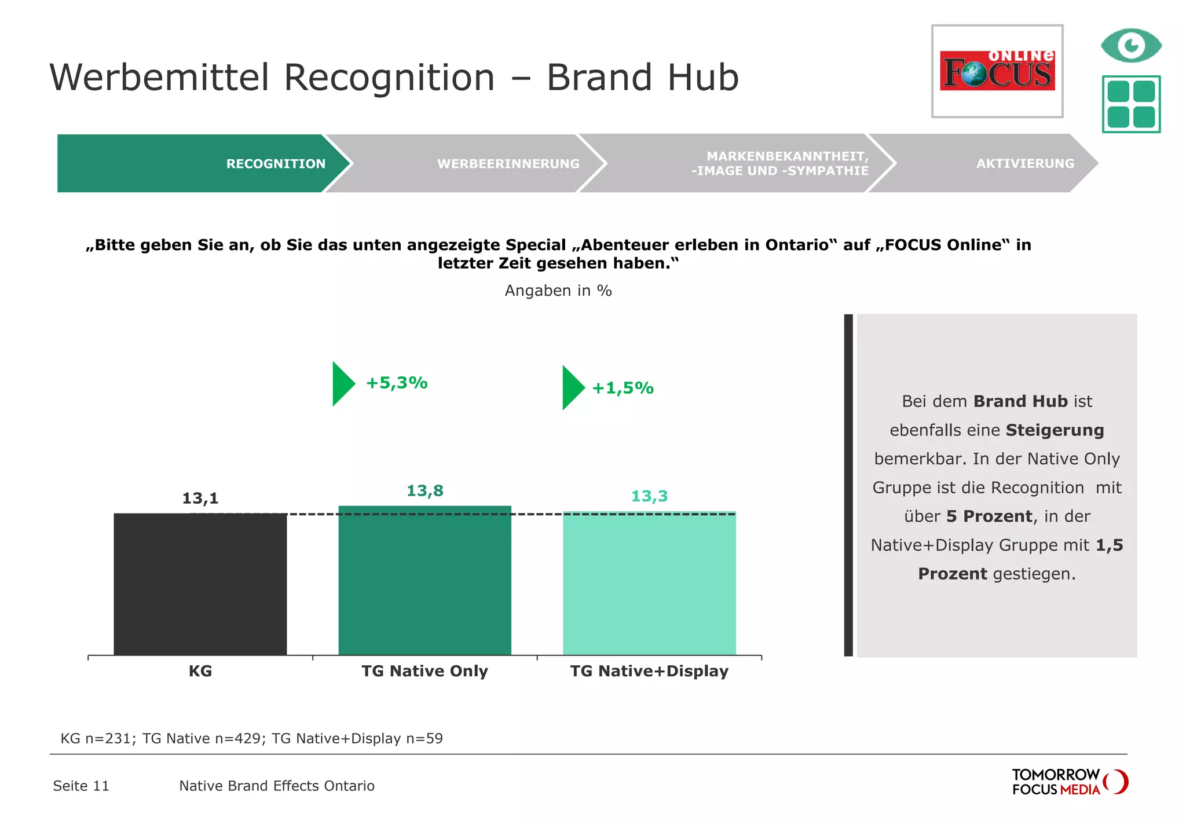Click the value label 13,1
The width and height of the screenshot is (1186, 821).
click(200, 498)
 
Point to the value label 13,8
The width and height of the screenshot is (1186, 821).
click(424, 490)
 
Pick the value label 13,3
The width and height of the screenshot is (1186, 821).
click(649, 496)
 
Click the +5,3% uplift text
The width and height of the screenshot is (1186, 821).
click(397, 383)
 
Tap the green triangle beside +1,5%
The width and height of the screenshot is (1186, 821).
click(572, 387)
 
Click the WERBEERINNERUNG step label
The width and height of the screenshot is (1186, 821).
click(508, 164)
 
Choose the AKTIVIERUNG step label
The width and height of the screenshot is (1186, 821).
click(1025, 164)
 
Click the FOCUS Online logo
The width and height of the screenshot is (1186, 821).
click(997, 71)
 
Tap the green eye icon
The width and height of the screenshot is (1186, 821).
click(1130, 45)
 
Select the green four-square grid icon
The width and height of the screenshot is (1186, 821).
click(1130, 104)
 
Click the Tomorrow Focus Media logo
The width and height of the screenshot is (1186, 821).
click(1069, 782)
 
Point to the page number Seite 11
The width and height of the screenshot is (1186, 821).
click(81, 786)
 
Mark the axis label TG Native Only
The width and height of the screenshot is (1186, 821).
click(424, 671)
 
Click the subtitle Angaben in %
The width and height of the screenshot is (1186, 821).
click(558, 291)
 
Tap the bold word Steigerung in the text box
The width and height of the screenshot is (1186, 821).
click(1055, 430)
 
